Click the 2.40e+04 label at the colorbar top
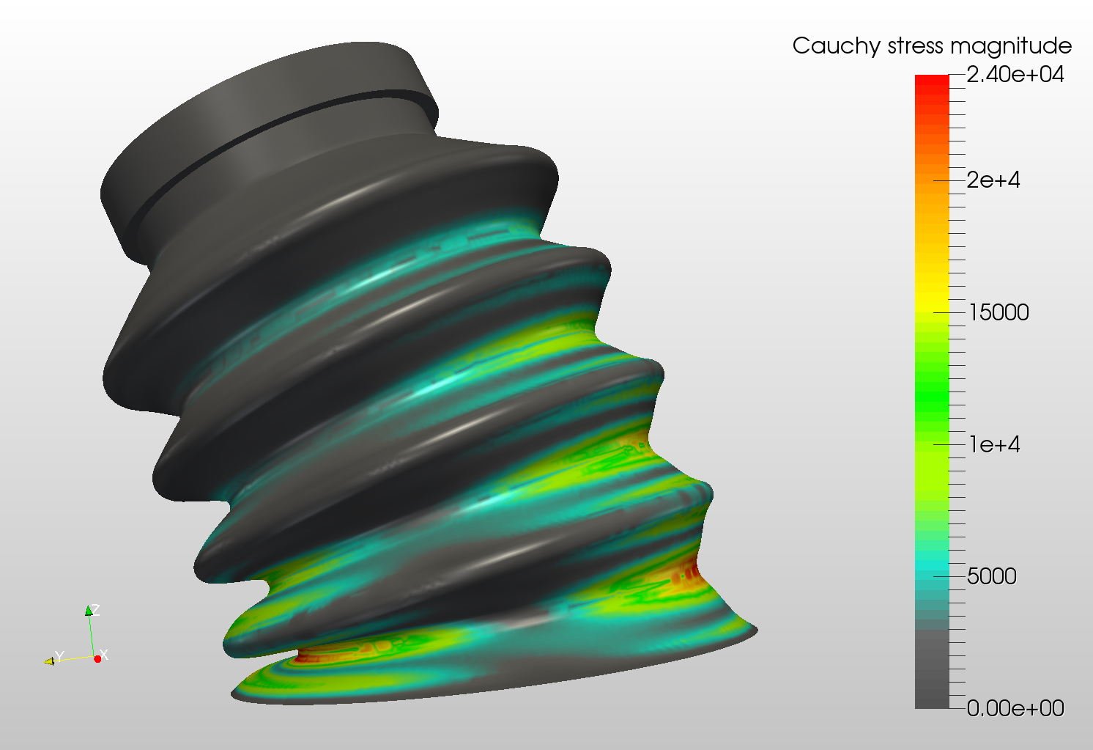pyautogui.click(x=1015, y=75)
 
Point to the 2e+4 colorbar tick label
pyautogui.click(x=993, y=180)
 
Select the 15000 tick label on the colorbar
pyautogui.click(x=998, y=312)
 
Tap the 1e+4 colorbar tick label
pyautogui.click(x=993, y=444)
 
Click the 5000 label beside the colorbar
pyautogui.click(x=991, y=576)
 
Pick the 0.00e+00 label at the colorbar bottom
pyautogui.click(x=1015, y=708)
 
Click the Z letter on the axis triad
pyautogui.click(x=96, y=609)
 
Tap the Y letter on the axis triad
pyautogui.click(x=60, y=655)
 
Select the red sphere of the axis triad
pyautogui.click(x=97, y=659)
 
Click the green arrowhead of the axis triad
pyautogui.click(x=89, y=611)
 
